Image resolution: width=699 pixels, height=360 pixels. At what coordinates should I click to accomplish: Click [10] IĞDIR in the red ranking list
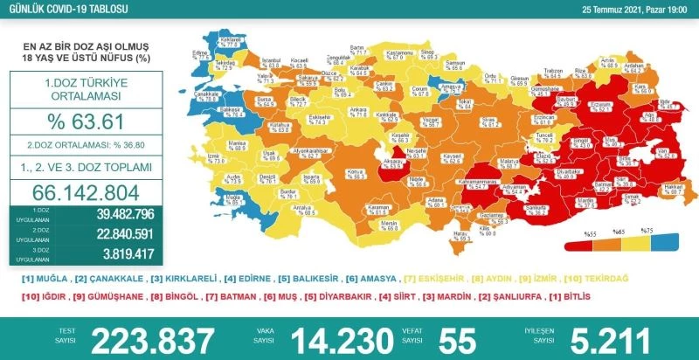(x=44, y=296)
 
